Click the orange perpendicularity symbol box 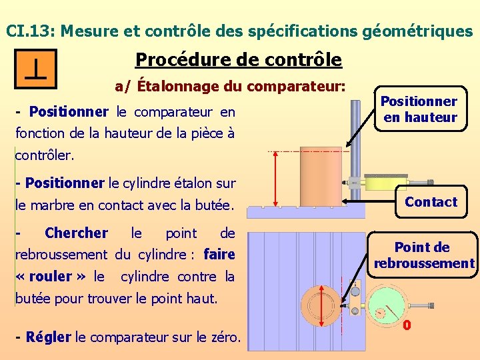36,69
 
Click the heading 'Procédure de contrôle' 238,60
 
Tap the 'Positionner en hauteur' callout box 418,109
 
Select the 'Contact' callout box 431,202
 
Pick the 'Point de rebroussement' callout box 423,255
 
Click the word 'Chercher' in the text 76,233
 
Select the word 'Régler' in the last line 48,337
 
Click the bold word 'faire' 219,254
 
